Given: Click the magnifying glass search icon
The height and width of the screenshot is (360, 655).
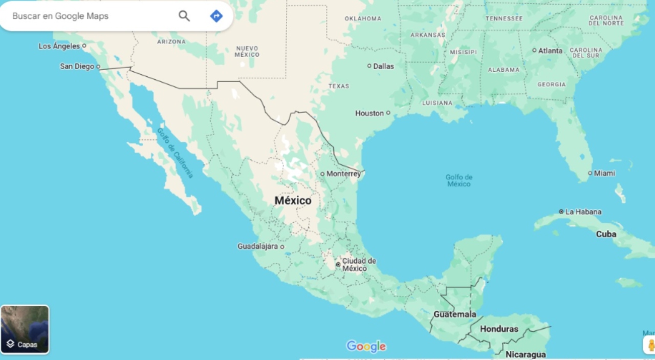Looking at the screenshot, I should (x=184, y=16).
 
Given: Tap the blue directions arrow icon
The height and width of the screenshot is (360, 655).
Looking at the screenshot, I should (x=216, y=16).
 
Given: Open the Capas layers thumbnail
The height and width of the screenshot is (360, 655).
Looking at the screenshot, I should (x=25, y=329).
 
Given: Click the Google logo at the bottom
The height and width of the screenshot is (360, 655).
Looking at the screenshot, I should (x=366, y=347).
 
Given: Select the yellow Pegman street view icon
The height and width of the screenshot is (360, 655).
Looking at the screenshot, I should (x=650, y=345).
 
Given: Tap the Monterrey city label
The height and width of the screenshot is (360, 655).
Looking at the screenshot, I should (x=343, y=174).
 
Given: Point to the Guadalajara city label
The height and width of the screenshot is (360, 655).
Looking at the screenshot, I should (x=257, y=246).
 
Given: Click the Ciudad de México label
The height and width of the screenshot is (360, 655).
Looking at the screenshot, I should (x=359, y=265).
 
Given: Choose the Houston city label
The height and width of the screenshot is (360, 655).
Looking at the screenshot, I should (x=369, y=113).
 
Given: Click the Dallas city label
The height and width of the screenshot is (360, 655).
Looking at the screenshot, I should (x=383, y=66).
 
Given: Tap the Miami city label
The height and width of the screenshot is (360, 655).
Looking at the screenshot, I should (x=604, y=173).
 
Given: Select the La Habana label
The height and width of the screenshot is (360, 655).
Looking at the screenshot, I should (x=583, y=211).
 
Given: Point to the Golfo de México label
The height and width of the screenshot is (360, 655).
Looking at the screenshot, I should (x=459, y=180).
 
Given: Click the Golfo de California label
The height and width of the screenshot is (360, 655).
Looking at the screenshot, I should (x=175, y=153).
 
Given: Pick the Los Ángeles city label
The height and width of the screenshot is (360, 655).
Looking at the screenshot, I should (x=59, y=46).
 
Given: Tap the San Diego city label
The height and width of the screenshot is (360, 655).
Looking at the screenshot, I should (x=77, y=66).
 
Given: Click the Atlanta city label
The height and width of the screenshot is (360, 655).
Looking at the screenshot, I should (x=550, y=51).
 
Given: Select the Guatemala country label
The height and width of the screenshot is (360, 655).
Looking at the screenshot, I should (x=455, y=314).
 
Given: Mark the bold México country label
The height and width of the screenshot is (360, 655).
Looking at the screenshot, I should (x=293, y=200).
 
